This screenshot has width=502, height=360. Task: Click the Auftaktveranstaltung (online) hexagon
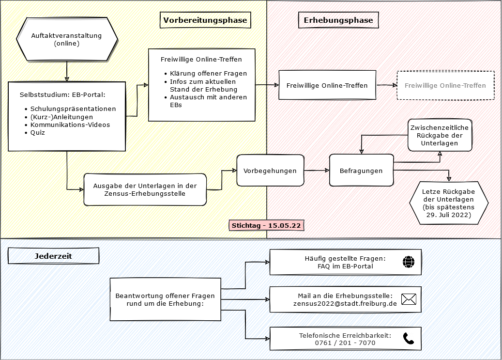click(67, 40)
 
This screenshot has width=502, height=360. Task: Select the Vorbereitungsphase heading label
click(205, 20)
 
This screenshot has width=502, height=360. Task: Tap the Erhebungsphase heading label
click(338, 20)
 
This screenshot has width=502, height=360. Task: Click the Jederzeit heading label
click(53, 256)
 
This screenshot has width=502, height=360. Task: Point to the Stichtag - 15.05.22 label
click(267, 226)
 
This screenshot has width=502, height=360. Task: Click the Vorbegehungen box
click(270, 171)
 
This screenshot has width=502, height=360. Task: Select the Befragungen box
click(361, 171)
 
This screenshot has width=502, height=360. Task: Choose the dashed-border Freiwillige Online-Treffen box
click(445, 86)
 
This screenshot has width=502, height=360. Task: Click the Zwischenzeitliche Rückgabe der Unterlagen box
click(440, 136)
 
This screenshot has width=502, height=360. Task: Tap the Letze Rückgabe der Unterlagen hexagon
click(448, 203)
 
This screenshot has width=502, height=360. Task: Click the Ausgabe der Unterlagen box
click(145, 190)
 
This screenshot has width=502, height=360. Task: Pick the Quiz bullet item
click(37, 133)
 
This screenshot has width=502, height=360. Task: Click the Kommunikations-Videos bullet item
click(70, 125)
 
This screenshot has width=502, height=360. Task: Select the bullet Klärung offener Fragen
click(208, 74)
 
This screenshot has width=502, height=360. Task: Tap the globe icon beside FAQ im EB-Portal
click(409, 262)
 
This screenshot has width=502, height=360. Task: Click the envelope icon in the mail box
click(409, 299)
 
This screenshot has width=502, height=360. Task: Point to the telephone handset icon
click(409, 339)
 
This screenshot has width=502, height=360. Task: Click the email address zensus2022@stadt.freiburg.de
click(345, 304)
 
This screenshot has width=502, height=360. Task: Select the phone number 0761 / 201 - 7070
click(345, 343)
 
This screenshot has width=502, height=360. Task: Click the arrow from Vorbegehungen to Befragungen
click(317, 171)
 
